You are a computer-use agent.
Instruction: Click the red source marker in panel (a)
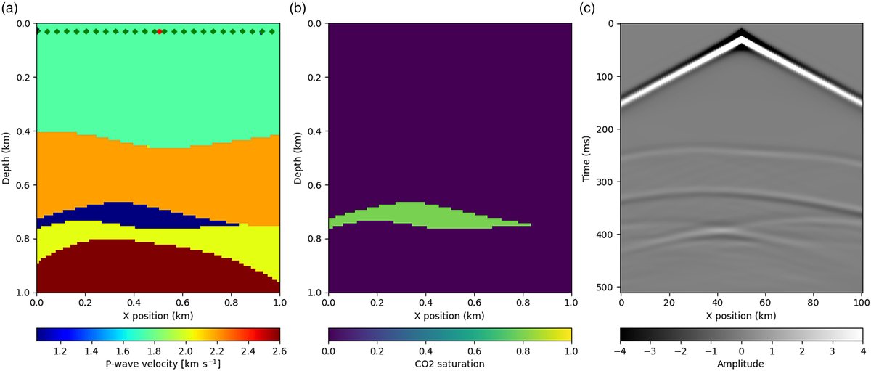pos(160,31)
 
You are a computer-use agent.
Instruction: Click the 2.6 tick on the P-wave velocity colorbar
pos(279,350)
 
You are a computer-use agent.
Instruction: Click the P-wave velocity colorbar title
pos(158,364)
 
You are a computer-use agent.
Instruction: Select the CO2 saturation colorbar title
pos(449,364)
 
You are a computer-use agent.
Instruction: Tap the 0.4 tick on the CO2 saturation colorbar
pos(425,350)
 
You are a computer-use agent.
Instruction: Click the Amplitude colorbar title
pos(742,364)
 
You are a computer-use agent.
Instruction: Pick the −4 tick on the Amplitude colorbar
pos(621,350)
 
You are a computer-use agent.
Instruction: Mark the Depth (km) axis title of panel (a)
pos(7,158)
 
